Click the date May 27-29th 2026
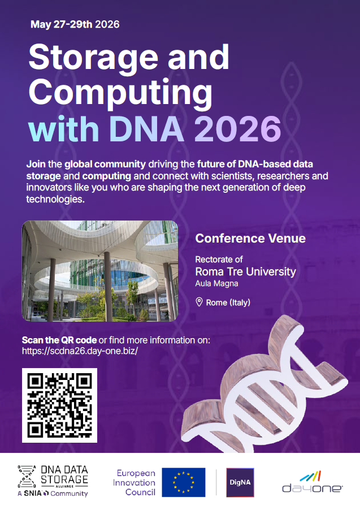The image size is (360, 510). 75,24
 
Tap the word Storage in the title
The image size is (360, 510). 93,58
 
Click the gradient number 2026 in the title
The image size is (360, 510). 238,129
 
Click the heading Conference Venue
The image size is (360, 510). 250,239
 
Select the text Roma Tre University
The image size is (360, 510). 245,271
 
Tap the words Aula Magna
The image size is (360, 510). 216,284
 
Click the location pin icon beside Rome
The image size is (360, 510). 199,302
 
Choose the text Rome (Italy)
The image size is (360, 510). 228,302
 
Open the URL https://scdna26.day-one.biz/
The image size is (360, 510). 80,351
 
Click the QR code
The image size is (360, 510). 59,405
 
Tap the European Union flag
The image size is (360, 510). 184,482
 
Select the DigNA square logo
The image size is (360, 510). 240,482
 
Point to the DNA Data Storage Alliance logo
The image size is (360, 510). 53,481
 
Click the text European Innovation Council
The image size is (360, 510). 134,483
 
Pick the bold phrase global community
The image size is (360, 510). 105,164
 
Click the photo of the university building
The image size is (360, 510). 100,271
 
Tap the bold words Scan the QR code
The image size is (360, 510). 59,340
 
